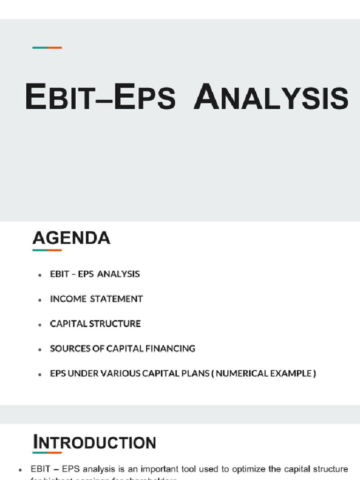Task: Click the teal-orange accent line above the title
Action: (x=47, y=47)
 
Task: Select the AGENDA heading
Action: (x=71, y=238)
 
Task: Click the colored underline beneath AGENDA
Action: (x=47, y=250)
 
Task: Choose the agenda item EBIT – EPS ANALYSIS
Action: (x=95, y=274)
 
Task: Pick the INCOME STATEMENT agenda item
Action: (x=96, y=299)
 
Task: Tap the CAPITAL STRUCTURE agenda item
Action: (x=95, y=324)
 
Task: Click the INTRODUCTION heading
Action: (x=94, y=442)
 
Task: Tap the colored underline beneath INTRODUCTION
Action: (x=47, y=453)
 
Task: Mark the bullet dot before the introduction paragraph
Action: (x=21, y=469)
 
